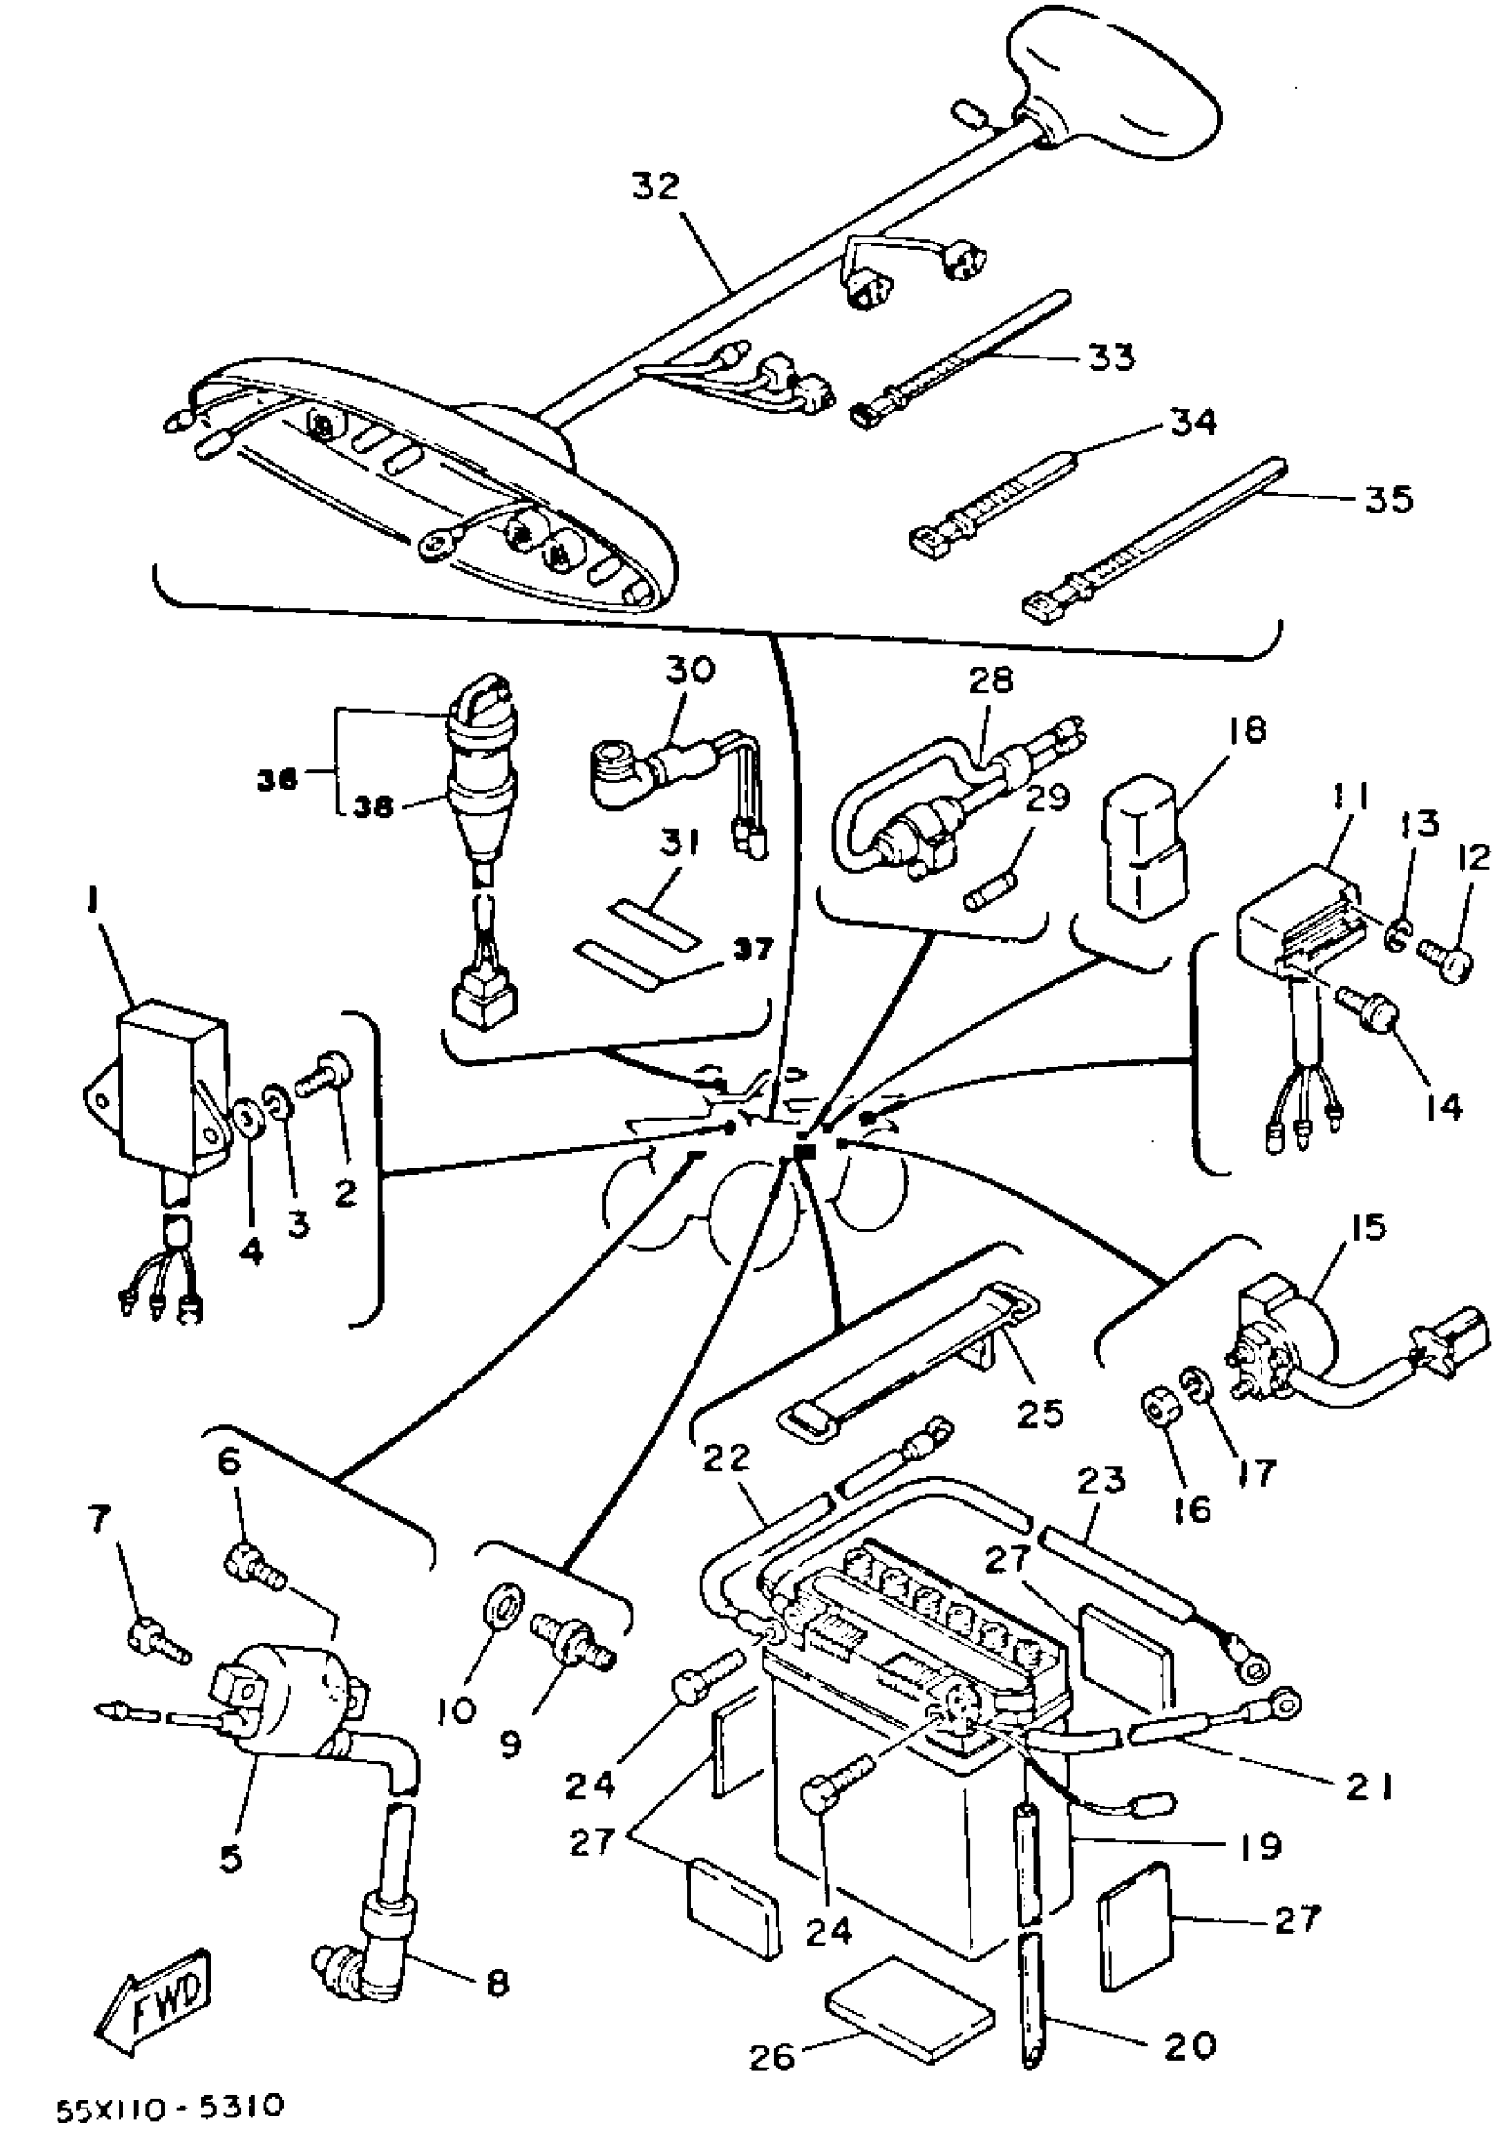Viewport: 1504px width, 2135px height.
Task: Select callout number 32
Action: pos(656,187)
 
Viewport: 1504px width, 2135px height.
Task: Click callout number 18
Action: pos(1246,730)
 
